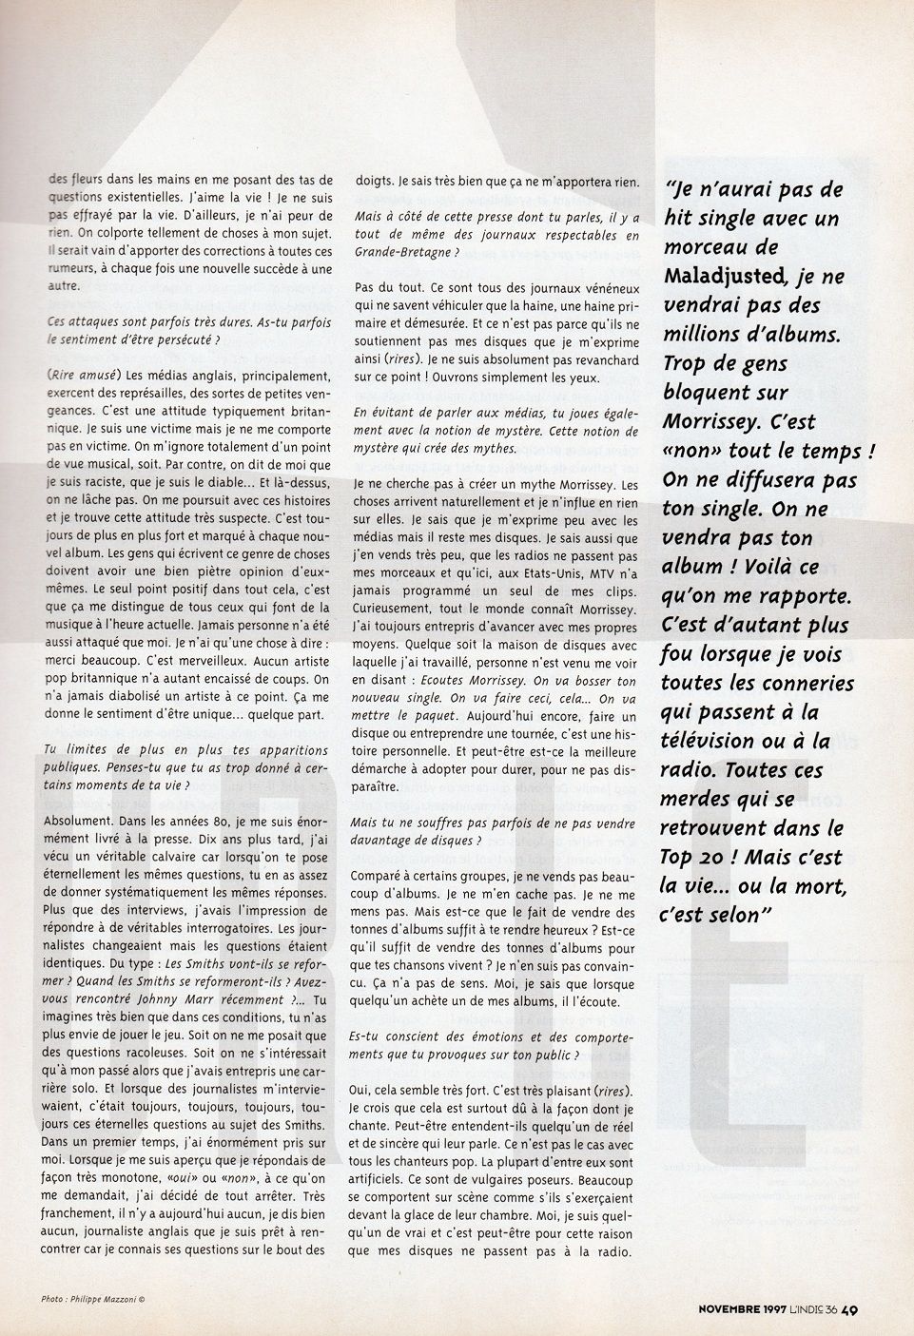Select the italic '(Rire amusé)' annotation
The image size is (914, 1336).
[82, 373]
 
